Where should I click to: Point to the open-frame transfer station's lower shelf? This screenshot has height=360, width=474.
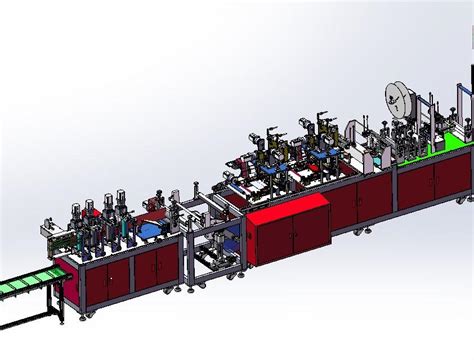(213, 258)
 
